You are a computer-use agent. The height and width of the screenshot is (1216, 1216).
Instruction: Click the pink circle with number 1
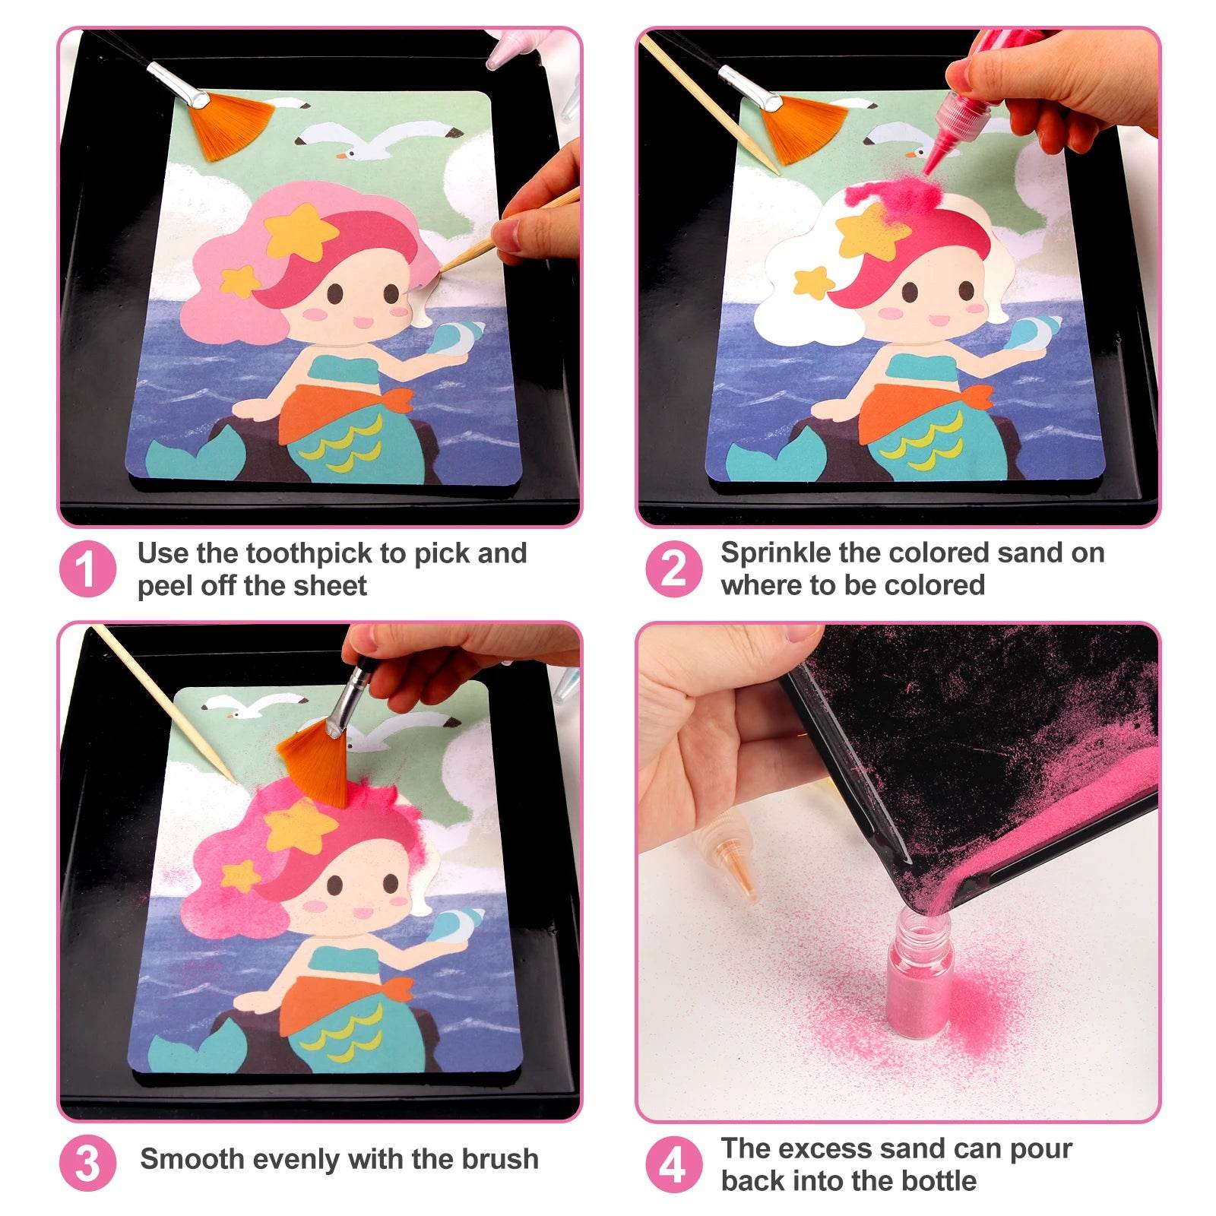tap(87, 568)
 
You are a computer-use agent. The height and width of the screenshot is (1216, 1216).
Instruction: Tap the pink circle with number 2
tap(673, 568)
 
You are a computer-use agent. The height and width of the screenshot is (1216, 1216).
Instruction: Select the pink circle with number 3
tap(87, 1163)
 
